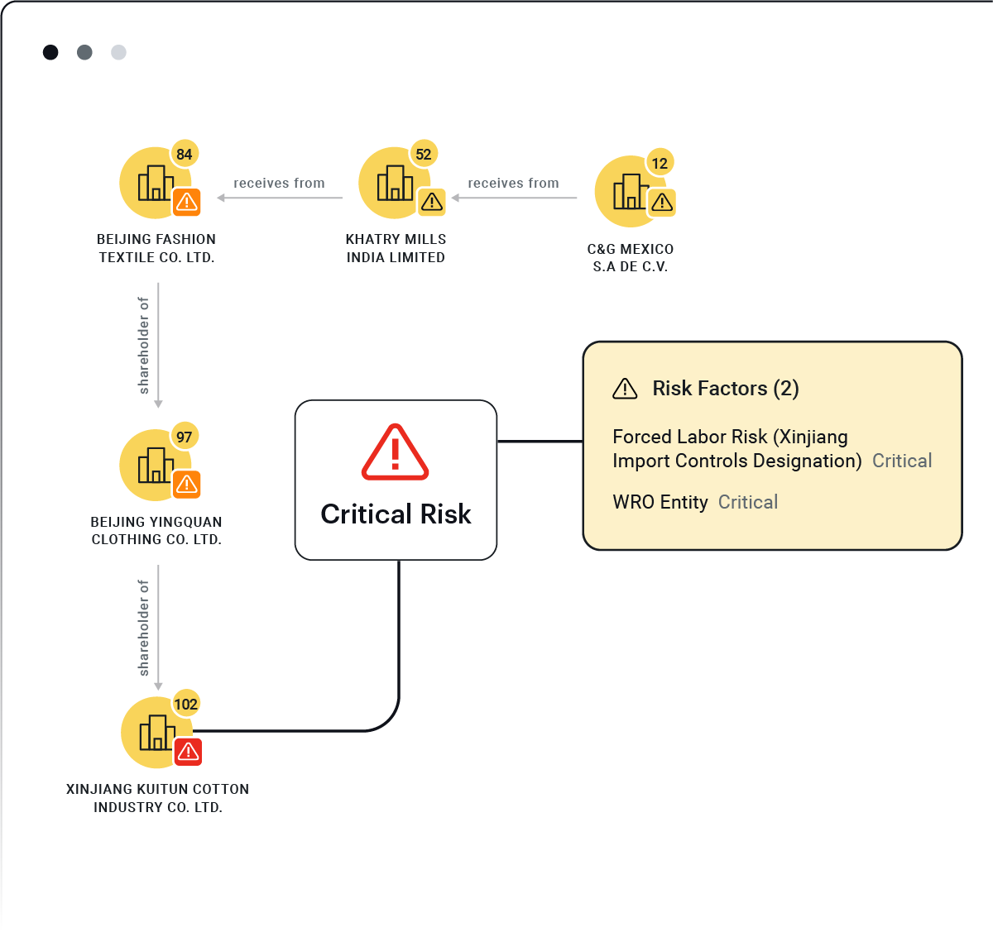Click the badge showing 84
(x=185, y=154)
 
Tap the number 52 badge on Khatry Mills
(x=424, y=154)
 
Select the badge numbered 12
(x=660, y=163)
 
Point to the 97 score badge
(x=185, y=437)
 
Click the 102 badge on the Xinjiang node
(x=186, y=704)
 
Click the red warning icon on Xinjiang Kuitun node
(x=188, y=751)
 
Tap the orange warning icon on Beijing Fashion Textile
(x=186, y=202)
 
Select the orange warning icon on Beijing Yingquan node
(x=186, y=485)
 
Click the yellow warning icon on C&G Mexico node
(x=662, y=203)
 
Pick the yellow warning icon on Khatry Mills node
(x=431, y=202)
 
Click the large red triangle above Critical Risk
(x=395, y=452)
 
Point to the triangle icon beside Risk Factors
(x=625, y=389)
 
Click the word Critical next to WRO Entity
(x=747, y=502)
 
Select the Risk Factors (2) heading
(x=726, y=389)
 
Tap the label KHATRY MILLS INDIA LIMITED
(x=396, y=248)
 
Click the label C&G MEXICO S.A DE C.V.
(x=630, y=257)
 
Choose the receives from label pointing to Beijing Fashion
(x=279, y=183)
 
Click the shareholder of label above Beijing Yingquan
(x=143, y=346)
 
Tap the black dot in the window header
(x=50, y=52)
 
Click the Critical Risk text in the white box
(x=396, y=514)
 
